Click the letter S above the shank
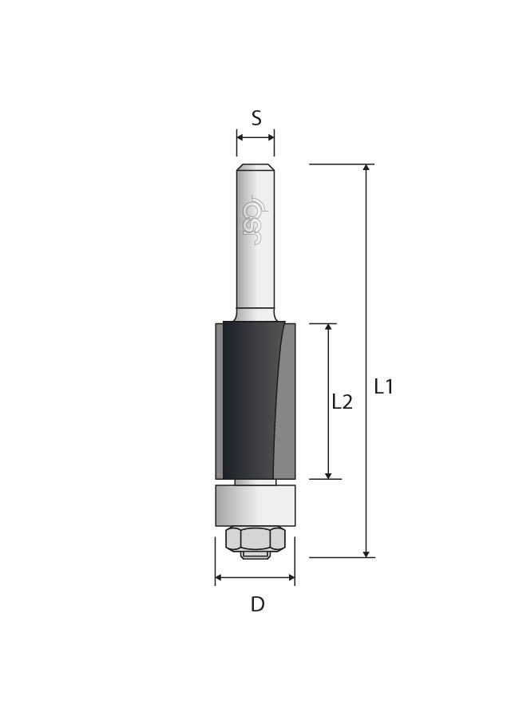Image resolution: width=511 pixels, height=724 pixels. point(256,118)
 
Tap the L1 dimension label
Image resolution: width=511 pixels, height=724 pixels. point(383,386)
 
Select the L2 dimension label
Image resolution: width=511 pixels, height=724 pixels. point(343,402)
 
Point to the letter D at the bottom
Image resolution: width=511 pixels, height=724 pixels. point(257,604)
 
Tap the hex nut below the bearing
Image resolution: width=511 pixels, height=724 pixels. point(255,539)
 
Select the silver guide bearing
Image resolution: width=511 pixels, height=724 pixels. point(255,505)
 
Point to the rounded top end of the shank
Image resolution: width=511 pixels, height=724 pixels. point(255,167)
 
